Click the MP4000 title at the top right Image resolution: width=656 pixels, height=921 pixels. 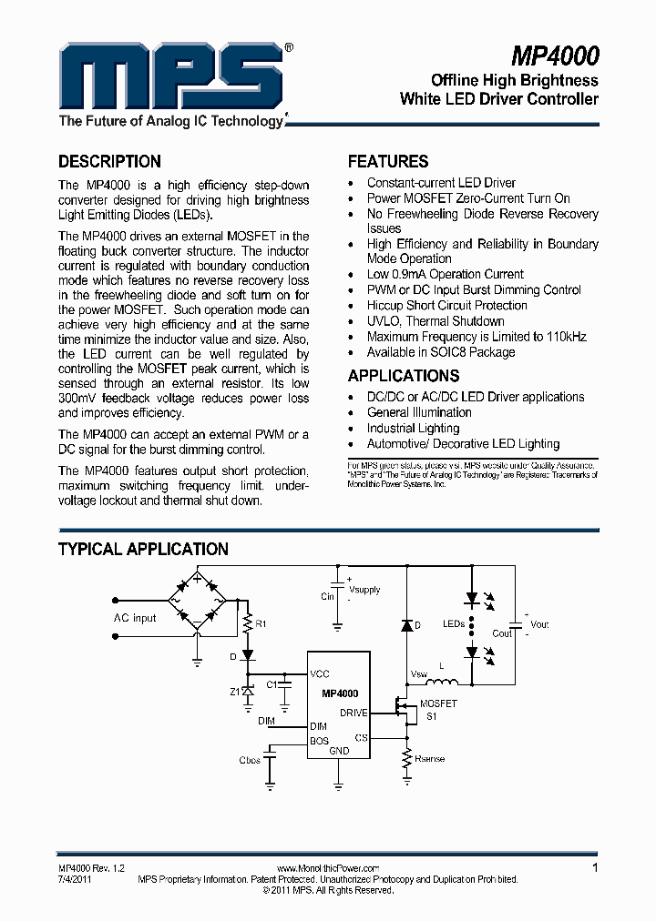pos(554,57)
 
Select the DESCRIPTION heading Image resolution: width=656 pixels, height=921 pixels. pos(109,162)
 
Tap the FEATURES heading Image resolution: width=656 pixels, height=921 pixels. pos(388,162)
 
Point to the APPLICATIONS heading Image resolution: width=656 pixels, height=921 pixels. pos(403,376)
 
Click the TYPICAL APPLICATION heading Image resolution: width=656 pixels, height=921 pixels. pos(143,550)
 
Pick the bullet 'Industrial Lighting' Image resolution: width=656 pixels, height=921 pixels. pos(413,428)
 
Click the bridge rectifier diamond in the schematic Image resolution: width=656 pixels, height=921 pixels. pos(196,601)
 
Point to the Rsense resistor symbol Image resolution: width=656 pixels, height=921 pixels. pos(405,758)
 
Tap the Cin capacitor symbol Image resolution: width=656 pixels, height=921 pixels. pos(338,583)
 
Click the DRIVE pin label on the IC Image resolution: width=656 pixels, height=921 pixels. pos(354,713)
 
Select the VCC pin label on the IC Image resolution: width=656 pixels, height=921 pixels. pos(320,674)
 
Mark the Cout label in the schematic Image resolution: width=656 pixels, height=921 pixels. pos(502,633)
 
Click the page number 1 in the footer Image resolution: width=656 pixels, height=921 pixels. pos(595,868)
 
